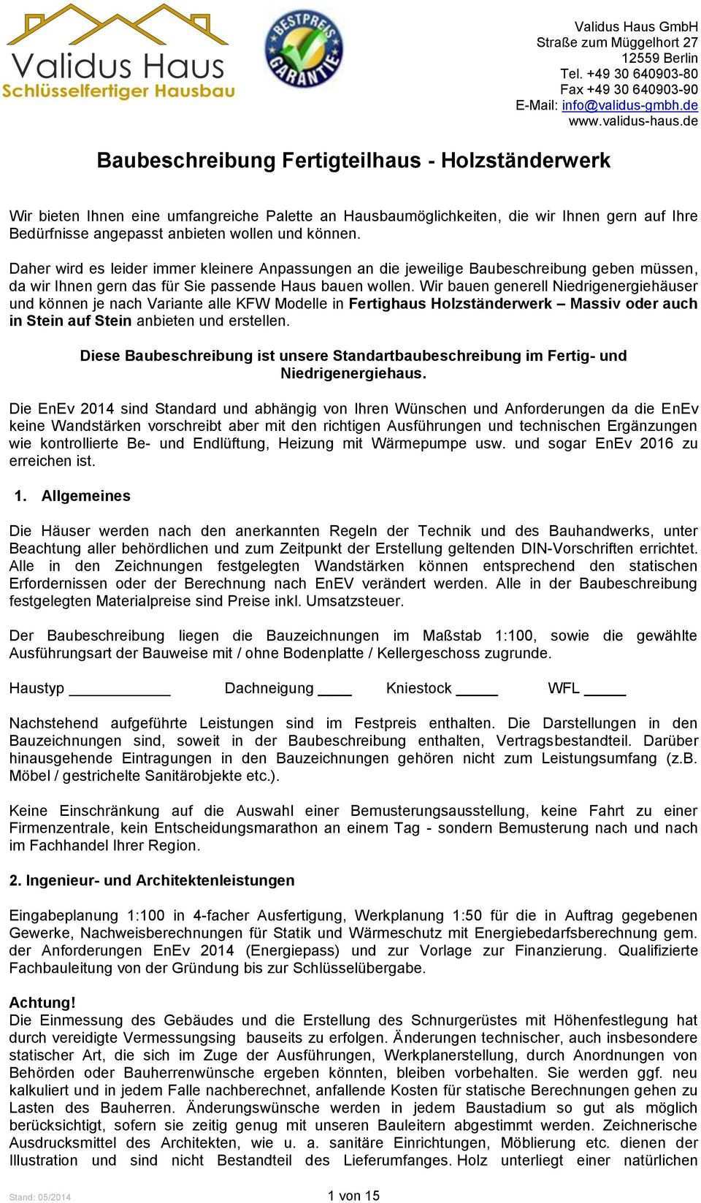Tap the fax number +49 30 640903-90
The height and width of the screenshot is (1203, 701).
point(629,88)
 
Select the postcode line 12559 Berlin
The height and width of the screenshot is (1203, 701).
point(660,57)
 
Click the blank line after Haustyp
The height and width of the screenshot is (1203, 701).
point(123,689)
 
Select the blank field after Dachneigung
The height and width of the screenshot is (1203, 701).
point(336,689)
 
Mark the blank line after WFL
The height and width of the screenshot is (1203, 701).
point(605,689)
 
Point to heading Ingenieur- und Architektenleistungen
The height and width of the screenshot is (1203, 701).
point(160,880)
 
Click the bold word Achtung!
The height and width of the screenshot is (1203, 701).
point(42,1003)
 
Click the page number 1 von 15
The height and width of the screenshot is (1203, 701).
point(353,1195)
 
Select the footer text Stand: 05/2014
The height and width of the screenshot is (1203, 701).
point(40,1196)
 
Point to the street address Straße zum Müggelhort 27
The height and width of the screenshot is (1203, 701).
point(617,42)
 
